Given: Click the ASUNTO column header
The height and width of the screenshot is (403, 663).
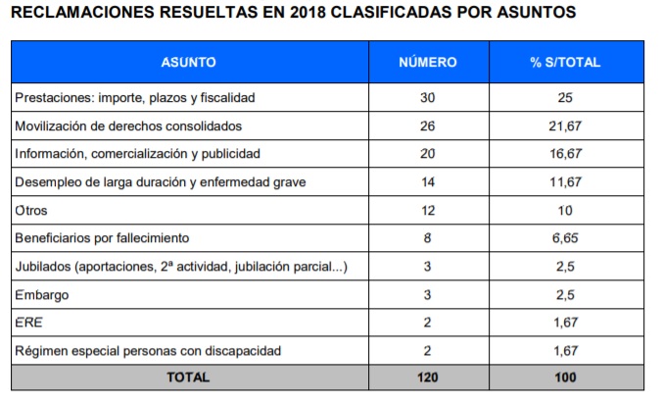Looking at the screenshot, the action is click(189, 62).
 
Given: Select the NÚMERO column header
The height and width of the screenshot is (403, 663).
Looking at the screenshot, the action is click(428, 62).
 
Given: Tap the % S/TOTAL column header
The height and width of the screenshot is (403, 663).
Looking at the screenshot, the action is click(565, 62).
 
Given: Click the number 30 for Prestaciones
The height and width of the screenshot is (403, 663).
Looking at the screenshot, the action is click(428, 98).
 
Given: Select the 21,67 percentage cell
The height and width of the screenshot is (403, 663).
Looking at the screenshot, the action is click(565, 126).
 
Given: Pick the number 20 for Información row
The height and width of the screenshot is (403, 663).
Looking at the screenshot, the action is click(428, 154).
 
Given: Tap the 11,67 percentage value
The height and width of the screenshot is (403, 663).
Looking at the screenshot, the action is click(565, 182).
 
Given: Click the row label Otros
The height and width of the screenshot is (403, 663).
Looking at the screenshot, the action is click(31, 211).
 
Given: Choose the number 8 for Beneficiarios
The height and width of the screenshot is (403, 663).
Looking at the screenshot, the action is click(428, 238).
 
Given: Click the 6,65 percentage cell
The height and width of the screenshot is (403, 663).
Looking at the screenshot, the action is click(565, 238).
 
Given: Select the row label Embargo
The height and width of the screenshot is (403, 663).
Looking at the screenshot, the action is click(42, 295).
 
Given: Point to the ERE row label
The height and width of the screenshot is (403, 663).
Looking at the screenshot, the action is click(28, 323).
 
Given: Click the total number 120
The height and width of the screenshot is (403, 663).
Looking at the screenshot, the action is click(428, 378).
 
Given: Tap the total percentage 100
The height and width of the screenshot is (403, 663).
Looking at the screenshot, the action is click(565, 378).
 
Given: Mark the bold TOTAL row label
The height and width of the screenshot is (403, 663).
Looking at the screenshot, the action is click(188, 378).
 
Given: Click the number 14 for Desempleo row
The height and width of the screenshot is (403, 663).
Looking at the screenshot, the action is click(428, 182).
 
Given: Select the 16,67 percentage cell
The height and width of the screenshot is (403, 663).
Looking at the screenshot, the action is click(565, 154).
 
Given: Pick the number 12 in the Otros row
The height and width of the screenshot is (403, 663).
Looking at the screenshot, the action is click(428, 211).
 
